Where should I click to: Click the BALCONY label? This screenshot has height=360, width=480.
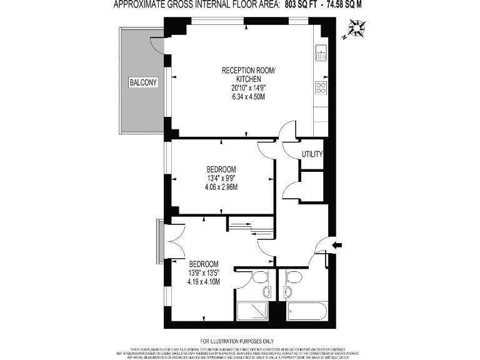coord(143,82)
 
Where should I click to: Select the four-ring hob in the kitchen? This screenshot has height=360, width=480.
coord(321,87)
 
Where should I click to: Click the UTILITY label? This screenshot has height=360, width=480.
coord(312,154)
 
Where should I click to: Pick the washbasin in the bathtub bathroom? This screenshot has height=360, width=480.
coord(287,292)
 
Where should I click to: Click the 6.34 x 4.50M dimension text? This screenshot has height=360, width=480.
coord(248,97)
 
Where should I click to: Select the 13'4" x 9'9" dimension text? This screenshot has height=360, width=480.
coord(222,178)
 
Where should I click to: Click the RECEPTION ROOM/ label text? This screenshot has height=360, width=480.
coord(248,70)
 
